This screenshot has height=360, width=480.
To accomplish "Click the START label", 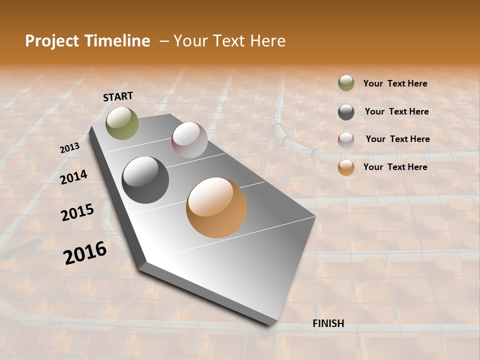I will point(118,96).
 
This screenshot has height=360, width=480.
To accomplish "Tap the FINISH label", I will point(328,323).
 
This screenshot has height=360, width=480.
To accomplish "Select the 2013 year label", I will point(70,148).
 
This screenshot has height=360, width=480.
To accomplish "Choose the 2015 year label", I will point(77,212).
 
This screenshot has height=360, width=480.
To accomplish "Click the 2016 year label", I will point(85,253).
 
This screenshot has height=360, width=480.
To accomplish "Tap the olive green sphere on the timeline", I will point(122,123).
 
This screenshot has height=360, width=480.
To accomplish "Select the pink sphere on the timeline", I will point(189,140).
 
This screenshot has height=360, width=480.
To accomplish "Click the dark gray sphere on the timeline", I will point(145,180).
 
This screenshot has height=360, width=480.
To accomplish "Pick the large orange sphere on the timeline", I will point(216,207).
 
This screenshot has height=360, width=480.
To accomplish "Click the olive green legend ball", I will point(346,83).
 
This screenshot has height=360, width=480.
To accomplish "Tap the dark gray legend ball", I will point(346,112).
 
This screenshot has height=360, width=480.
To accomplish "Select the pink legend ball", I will point(346,140).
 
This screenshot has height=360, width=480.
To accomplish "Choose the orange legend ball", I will point(346,167).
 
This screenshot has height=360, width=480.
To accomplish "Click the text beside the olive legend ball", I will point(395,83).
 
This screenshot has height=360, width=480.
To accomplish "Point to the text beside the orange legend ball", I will point(395,167).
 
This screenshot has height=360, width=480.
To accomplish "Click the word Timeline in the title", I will point(118,41).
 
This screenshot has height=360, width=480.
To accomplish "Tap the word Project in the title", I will point(51,41).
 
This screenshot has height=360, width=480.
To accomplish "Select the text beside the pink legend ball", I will point(397,139).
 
